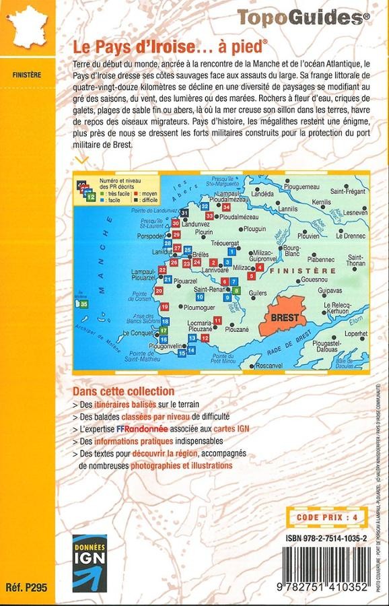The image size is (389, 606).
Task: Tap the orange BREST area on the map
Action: pos(278,317)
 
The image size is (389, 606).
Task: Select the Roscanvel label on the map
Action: pos(269,364)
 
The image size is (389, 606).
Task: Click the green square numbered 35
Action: pos(83,304)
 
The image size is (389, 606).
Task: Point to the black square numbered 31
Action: pos(184,213)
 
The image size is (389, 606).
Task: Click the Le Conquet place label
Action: pos(141,332)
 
